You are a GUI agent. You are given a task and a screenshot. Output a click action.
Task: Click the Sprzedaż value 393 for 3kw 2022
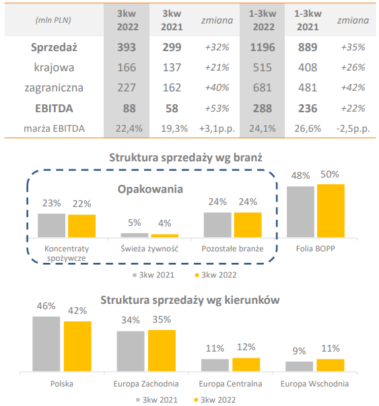[127, 48]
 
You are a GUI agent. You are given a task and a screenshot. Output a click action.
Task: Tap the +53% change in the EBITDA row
[216, 108]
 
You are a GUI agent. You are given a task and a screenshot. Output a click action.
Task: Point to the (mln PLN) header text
[54, 20]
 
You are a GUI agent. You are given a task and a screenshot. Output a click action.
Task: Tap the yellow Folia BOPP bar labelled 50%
[330, 210]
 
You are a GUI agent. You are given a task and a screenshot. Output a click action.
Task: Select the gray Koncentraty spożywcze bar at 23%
[51, 225]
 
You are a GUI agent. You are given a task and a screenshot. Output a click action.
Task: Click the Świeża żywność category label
[149, 248]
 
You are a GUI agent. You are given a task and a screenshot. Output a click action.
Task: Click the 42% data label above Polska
[77, 311]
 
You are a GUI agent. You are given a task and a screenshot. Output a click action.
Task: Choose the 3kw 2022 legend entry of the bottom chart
[216, 399]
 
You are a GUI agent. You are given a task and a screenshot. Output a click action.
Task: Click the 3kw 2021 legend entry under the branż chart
[154, 274]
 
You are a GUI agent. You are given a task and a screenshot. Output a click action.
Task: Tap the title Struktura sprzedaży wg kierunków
[189, 299]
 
